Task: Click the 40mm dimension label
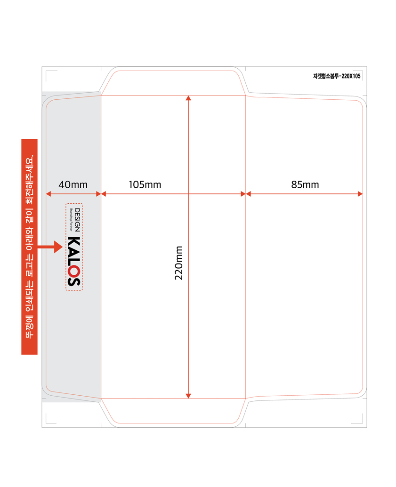pyautogui.click(x=73, y=184)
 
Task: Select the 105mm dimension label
pyautogui.click(x=145, y=184)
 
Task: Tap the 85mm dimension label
pyautogui.click(x=305, y=184)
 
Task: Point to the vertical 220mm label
pyautogui.click(x=179, y=263)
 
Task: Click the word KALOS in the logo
pyautogui.click(x=74, y=261)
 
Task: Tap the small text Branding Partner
pyautogui.click(x=71, y=220)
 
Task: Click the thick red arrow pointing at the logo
pyautogui.click(x=50, y=247)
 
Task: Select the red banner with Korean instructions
pyautogui.click(x=29, y=247)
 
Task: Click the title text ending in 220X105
pyautogui.click(x=337, y=76)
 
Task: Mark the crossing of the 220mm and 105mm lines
pyautogui.click(x=188, y=194)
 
